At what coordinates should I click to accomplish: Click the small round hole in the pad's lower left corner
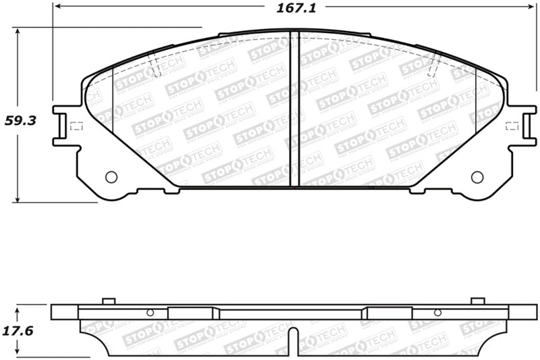tap(111, 177)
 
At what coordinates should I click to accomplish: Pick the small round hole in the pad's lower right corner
tap(477, 177)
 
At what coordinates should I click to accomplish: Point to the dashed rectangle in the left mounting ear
tap(76, 126)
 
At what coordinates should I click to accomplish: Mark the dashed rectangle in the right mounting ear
tap(512, 126)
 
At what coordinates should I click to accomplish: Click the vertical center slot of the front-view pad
tap(294, 108)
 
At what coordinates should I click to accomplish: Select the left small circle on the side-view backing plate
tap(150, 312)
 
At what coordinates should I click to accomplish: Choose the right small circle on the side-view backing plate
tap(437, 312)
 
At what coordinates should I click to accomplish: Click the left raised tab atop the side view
tap(108, 301)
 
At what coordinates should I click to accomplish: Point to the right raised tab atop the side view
tap(477, 301)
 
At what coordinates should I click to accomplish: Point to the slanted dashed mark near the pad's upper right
tap(435, 65)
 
